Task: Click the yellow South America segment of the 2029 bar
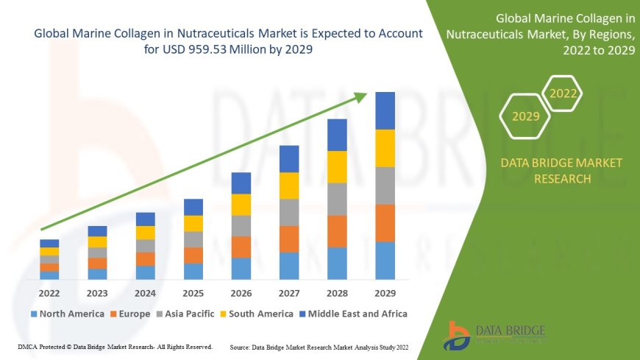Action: (385, 148)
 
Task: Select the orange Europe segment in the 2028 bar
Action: (337, 231)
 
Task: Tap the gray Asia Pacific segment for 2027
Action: (288, 212)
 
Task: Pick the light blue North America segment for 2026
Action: (241, 268)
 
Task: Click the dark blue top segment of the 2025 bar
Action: (193, 207)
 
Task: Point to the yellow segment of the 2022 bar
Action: (49, 251)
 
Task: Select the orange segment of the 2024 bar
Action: (146, 258)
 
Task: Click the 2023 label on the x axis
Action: (97, 292)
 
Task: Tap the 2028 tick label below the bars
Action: (337, 292)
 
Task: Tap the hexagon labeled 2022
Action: (563, 93)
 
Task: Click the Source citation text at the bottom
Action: (319, 346)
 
